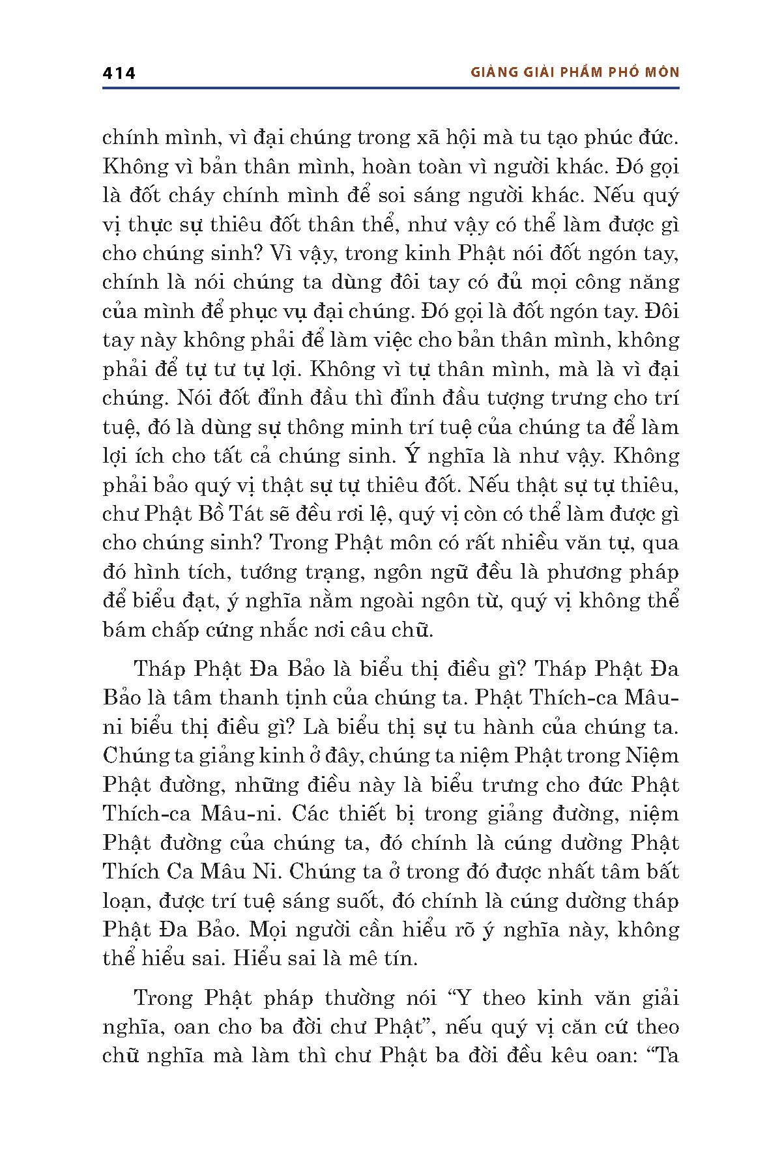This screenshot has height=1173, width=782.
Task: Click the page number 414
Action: (119, 73)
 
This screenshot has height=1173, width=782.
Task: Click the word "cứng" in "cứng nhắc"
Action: (275, 630)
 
